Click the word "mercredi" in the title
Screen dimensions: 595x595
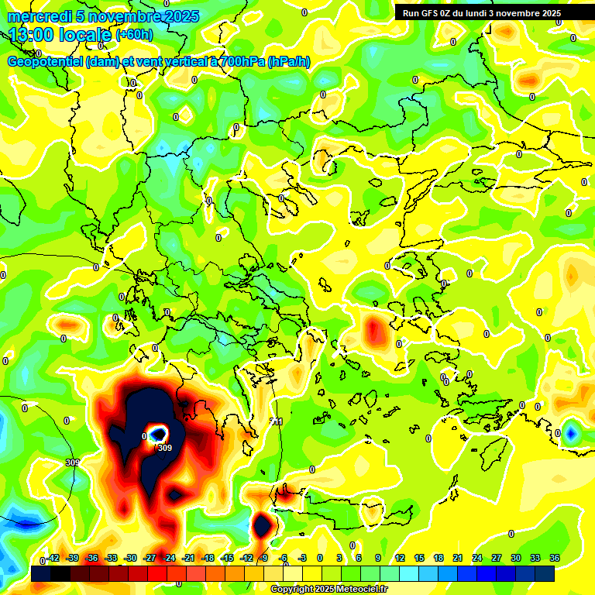click(x=38, y=17)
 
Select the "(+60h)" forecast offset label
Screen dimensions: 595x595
click(x=134, y=35)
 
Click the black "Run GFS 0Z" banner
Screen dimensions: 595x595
click(x=481, y=13)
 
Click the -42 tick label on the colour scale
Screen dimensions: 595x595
click(x=53, y=558)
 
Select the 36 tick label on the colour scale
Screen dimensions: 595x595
click(x=554, y=558)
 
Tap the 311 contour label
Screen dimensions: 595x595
click(x=276, y=421)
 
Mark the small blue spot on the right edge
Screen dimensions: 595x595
click(x=572, y=432)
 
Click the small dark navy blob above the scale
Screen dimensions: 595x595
click(x=262, y=525)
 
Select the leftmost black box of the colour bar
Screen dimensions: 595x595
click(x=41, y=573)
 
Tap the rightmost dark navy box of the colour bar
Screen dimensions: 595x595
click(x=544, y=573)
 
